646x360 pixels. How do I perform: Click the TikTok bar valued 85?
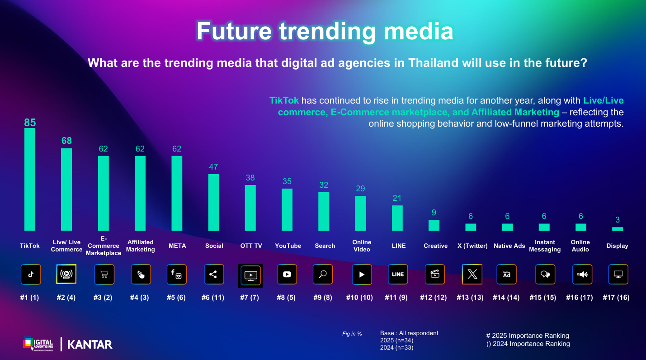click(30, 179)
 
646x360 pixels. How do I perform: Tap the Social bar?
click(214, 202)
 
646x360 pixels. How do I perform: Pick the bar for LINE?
click(397, 218)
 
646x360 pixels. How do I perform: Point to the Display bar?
click(618, 229)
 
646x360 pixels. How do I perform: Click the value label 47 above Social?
click(214, 167)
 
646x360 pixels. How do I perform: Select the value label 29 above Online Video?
click(360, 189)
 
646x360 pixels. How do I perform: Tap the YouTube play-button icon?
click(287, 275)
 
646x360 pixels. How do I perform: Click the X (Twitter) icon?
click(472, 275)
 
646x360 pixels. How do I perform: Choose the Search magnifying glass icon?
click(323, 275)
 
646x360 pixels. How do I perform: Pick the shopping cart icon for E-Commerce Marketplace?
click(104, 275)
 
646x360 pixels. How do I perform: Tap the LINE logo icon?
click(398, 275)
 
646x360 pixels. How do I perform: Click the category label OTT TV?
click(251, 246)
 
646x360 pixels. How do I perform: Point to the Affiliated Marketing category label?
click(140, 246)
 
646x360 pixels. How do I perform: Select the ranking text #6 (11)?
click(214, 298)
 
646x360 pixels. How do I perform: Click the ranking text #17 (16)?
click(616, 298)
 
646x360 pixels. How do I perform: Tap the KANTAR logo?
click(90, 344)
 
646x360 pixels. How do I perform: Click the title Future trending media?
click(324, 31)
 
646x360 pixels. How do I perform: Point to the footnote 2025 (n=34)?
click(396, 341)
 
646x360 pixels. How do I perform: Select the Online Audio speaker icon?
click(582, 275)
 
